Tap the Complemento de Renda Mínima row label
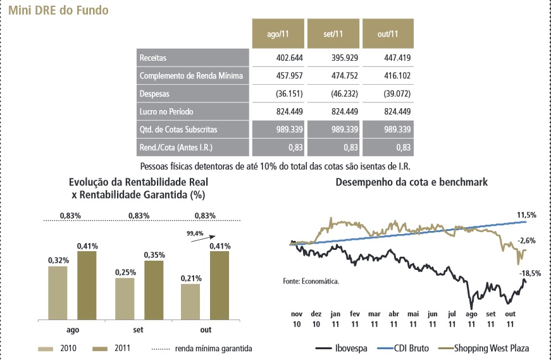(x=192, y=76)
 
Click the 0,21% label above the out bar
(x=190, y=278)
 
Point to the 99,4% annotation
(x=195, y=233)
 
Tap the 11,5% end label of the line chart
(x=526, y=216)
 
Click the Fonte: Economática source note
(x=311, y=280)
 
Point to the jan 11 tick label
(x=335, y=318)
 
